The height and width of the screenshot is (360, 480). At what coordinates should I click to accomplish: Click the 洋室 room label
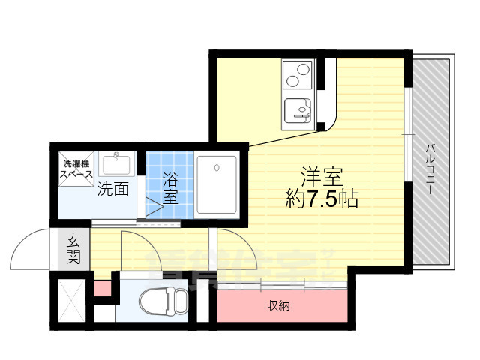pos(322,178)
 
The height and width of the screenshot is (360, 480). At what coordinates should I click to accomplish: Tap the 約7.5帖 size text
pos(322,199)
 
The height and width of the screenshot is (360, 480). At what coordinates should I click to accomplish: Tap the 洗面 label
pos(113,189)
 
